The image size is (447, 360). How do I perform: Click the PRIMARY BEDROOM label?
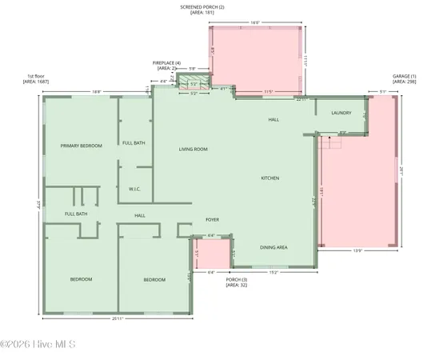82,145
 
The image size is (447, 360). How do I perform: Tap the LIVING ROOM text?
193,149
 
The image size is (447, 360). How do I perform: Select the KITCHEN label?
269,178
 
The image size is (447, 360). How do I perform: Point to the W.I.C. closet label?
134,190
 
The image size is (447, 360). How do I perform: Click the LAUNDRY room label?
341,113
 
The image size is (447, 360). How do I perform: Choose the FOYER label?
212,219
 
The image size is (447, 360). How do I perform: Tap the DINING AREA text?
273,247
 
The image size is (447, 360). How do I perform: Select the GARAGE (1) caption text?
402,79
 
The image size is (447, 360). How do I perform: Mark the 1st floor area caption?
35,79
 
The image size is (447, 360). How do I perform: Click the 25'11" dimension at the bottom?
118,319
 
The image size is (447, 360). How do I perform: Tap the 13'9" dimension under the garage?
358,251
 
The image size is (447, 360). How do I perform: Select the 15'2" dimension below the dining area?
273,273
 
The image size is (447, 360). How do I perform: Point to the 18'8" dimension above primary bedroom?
96,92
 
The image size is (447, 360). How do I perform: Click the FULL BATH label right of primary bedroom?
134,142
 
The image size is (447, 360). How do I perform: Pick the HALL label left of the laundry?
273,119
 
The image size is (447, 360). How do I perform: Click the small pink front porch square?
212,254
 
